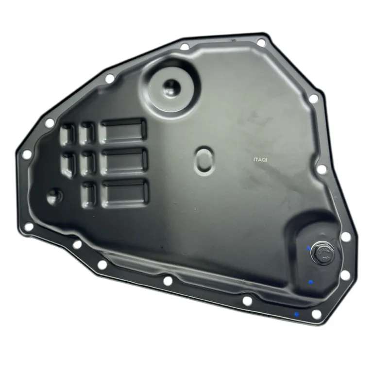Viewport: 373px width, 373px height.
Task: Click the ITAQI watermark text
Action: (x=260, y=160)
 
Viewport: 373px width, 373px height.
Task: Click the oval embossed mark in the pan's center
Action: (x=203, y=159)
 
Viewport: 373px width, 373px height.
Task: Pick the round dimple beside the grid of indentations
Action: (x=54, y=197)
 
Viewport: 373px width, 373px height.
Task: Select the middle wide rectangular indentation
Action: (x=124, y=161)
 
